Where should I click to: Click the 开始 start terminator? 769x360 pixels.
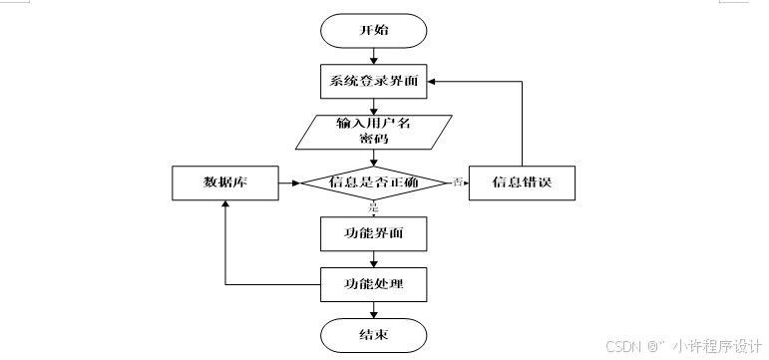click(374, 30)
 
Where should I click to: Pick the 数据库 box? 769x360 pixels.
click(225, 183)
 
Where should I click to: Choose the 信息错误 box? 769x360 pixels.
click(522, 183)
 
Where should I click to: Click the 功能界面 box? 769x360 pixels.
click(374, 234)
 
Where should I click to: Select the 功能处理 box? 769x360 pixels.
click(374, 284)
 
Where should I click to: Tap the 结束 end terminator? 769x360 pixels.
click(374, 334)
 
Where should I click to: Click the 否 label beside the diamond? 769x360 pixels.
click(458, 181)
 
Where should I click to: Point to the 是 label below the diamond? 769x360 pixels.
click(374, 207)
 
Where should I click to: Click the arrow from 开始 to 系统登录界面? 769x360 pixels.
click(374, 57)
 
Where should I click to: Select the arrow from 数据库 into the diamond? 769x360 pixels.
click(289, 183)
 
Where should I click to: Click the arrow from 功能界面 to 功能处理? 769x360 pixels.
click(374, 259)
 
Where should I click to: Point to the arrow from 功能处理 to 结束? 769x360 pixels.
click(374, 309)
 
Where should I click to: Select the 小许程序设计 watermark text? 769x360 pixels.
click(717, 347)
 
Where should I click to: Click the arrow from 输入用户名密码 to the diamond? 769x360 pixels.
click(374, 158)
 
